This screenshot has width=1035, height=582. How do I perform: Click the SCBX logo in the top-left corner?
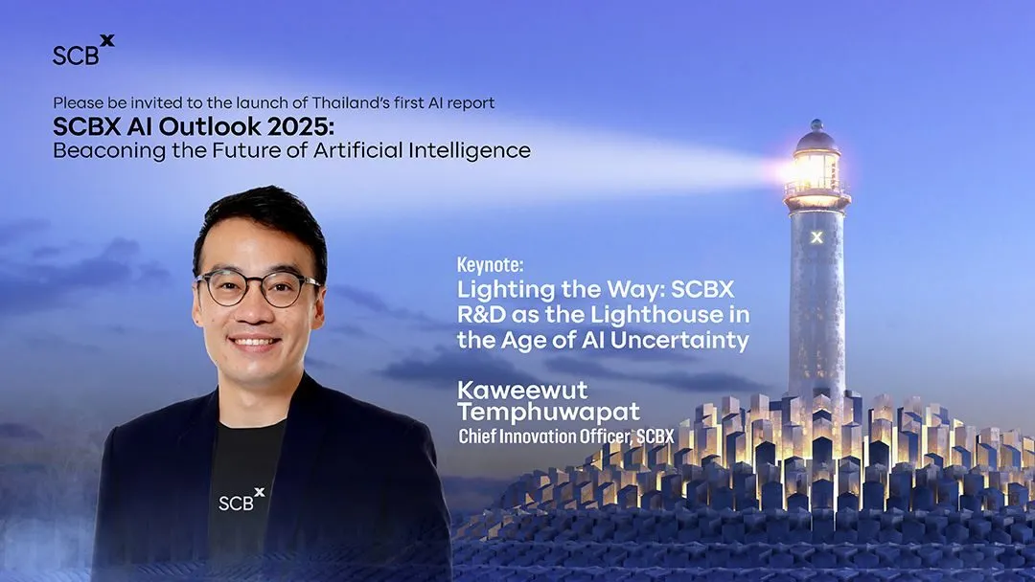pos(83,50)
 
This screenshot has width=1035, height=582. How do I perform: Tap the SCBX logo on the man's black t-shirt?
pos(241,500)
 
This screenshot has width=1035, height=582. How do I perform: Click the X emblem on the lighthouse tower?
pos(816,237)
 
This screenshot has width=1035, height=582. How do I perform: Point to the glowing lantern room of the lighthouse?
pos(816,171)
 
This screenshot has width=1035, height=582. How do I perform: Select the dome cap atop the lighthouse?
pos(816,137)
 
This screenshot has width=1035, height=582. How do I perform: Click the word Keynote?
pos(491,265)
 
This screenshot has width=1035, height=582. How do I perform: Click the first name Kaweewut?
pos(522,390)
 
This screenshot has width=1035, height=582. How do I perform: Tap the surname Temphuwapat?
pos(548,412)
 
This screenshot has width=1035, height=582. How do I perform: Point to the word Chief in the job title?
pos(477,436)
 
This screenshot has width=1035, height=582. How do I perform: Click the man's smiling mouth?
pos(254,342)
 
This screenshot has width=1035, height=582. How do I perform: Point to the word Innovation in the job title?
pos(538,436)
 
